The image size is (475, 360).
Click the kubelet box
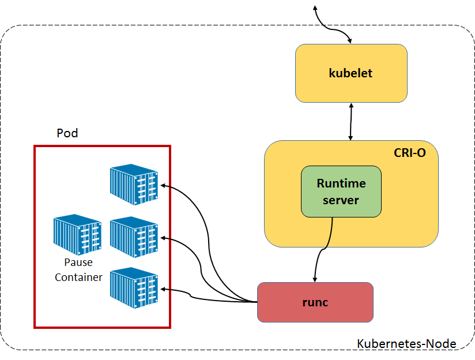tap(351, 73)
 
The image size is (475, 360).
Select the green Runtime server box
tap(341, 192)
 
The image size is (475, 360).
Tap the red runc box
tap(315, 302)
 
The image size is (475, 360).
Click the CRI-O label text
tap(409, 153)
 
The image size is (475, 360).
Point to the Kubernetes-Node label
tap(406, 344)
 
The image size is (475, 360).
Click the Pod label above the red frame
tap(67, 133)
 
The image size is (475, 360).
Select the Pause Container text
tap(78, 270)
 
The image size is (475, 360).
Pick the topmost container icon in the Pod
tap(134, 184)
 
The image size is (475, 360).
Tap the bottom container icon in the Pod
tap(134, 287)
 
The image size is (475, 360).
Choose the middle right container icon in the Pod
tap(134, 236)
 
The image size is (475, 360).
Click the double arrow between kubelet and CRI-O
tap(351, 121)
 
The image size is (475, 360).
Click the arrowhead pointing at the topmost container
tap(163, 185)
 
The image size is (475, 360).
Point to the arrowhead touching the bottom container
tap(163, 288)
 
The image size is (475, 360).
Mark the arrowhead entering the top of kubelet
tap(350, 42)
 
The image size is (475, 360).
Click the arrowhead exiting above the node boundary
tap(315, 7)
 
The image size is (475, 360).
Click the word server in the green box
tap(341, 200)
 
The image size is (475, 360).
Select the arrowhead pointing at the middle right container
tap(163, 237)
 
